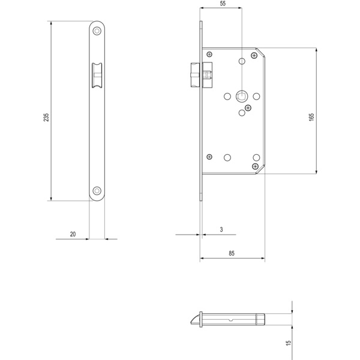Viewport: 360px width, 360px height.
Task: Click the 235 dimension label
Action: (x=46, y=117)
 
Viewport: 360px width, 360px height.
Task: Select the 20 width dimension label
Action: (x=73, y=234)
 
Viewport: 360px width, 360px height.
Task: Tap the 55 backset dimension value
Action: (x=223, y=4)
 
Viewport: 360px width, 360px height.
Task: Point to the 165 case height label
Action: (x=311, y=117)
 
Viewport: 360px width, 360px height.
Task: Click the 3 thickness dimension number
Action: (x=221, y=229)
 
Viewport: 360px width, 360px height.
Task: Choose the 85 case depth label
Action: (x=232, y=253)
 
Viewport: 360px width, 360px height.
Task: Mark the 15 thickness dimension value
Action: (x=289, y=343)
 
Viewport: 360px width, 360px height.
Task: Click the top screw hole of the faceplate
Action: (x=97, y=31)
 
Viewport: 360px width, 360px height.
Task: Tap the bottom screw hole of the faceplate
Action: (x=97, y=191)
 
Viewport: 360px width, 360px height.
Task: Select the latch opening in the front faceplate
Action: (x=97, y=76)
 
